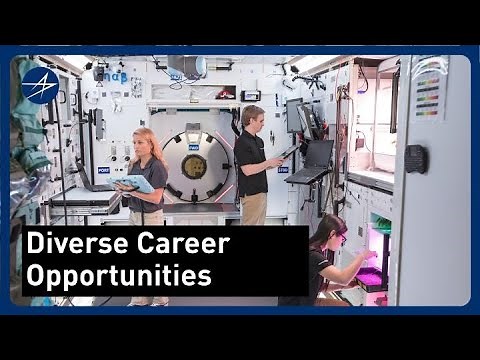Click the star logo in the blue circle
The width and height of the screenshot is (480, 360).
39,85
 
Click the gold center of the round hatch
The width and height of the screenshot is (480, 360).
194,166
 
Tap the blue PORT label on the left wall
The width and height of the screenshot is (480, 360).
103,170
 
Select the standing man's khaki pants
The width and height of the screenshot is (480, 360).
252,209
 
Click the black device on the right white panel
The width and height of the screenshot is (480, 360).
414,159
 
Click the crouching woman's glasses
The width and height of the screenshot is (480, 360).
340,238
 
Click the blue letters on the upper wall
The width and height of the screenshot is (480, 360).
115,76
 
